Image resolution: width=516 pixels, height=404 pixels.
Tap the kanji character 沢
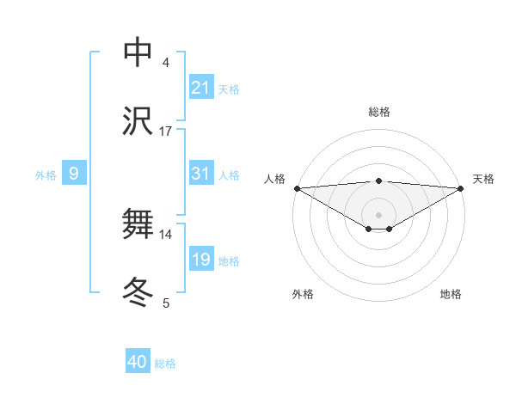coord(138,121)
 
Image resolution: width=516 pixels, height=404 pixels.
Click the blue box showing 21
coord(201,88)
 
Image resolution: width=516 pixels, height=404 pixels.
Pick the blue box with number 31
coord(201,174)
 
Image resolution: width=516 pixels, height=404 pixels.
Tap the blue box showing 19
coord(201,260)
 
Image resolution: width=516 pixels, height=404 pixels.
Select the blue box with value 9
coord(74,174)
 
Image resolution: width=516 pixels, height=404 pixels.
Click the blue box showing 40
coord(138,362)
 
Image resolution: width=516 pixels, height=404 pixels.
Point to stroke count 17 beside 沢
coord(166,132)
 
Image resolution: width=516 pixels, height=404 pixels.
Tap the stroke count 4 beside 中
coord(166,63)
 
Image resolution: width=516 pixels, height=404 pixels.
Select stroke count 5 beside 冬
coord(166,303)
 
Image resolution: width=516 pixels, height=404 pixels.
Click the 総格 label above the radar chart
coord(379,113)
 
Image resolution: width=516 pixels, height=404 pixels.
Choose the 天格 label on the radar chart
coord(484,179)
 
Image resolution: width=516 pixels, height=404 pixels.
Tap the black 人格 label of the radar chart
coord(273,179)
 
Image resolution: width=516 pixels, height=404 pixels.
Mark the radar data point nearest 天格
coord(462,188)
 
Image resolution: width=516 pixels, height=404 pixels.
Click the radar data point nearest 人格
coord(297,188)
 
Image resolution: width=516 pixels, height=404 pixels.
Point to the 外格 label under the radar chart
coord(303,294)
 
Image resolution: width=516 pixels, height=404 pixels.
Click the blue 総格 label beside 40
coord(165,364)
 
